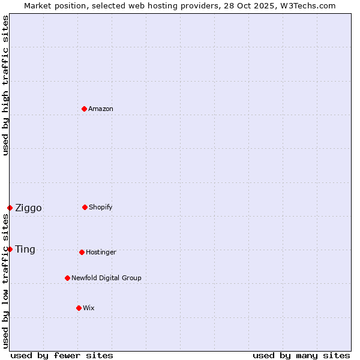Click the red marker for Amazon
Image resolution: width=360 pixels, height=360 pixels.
pos(84,109)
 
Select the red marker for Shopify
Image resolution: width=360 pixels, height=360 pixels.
pos(85,207)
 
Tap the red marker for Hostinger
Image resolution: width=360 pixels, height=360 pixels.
pos(82,252)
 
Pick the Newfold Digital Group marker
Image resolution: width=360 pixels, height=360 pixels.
pos(67,278)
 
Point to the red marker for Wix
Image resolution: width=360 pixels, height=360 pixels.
pos(79,308)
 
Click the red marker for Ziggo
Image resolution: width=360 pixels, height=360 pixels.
pos(10,208)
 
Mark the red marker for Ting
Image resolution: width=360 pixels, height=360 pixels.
pos(10,249)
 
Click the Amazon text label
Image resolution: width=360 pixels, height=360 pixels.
pos(101,109)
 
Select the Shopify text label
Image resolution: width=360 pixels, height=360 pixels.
pos(101,207)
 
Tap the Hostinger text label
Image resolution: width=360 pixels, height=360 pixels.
pos(101,252)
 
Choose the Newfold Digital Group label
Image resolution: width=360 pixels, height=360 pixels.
pos(106,278)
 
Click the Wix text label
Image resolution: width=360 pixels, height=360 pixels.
pos(89,308)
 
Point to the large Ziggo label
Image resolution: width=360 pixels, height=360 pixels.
pos(28,208)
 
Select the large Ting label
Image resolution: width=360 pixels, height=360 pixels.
pos(25,250)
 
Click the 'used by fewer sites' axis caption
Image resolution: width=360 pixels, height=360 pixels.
pos(62,355)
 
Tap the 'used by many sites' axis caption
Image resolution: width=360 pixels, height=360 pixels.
pos(301,355)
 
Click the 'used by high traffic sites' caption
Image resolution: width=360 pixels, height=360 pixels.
pos(5,85)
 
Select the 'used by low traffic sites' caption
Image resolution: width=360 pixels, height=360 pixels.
pos(5,281)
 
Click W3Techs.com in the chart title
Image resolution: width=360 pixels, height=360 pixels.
pos(306,5)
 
